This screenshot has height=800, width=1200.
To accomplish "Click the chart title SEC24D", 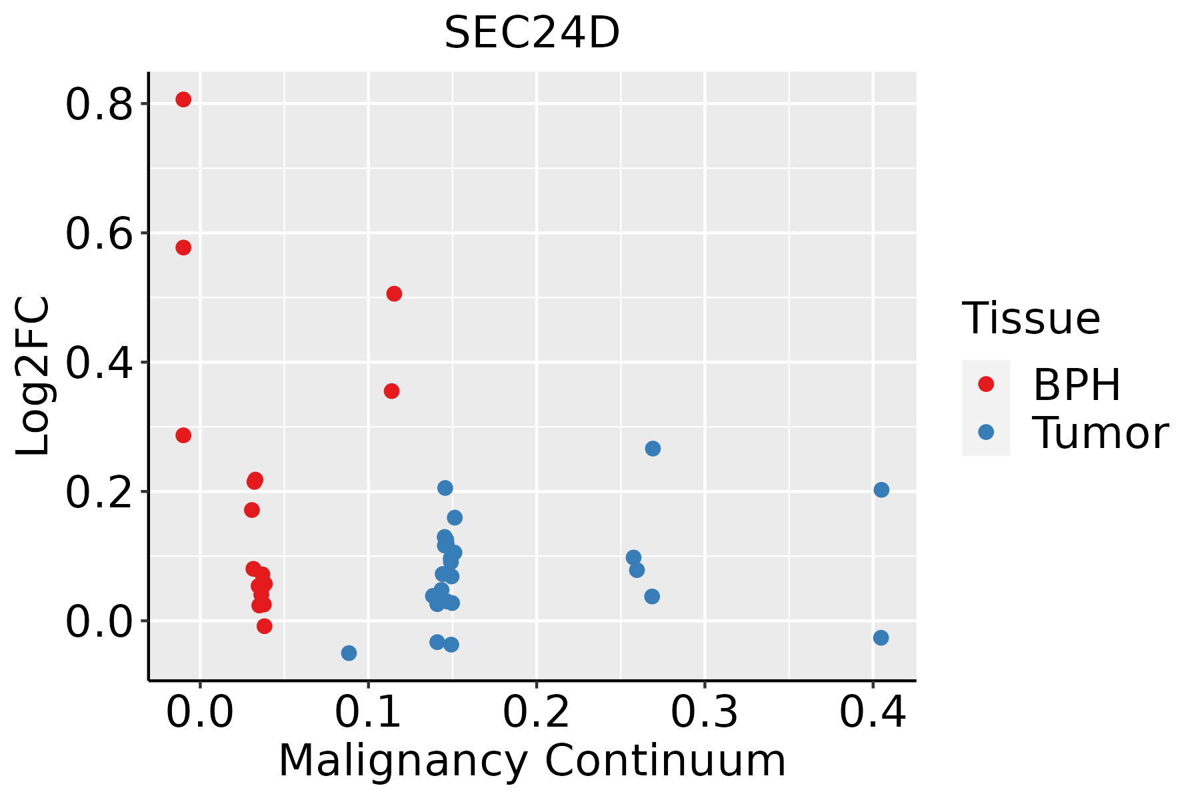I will (532, 33).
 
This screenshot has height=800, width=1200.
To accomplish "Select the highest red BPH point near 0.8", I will (183, 100).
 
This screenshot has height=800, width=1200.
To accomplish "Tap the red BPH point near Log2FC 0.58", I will (183, 248).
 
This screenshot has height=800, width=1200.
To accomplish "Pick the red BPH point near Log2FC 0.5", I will (394, 294).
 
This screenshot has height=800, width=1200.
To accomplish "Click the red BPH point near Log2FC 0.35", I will (392, 391).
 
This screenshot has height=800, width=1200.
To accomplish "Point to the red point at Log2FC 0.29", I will (183, 435).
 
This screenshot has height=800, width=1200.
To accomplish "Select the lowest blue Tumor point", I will (349, 653).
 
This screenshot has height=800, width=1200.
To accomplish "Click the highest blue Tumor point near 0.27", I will (653, 449).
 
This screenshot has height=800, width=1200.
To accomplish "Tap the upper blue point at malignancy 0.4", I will (881, 490).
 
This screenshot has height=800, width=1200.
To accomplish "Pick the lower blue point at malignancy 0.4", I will (881, 638).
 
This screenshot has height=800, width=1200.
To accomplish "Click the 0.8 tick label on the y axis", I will (99, 106).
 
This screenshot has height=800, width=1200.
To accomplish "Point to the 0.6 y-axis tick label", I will (99, 235).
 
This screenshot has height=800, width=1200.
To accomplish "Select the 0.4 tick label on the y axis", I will (99, 365).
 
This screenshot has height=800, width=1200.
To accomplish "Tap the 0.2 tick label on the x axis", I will (536, 712).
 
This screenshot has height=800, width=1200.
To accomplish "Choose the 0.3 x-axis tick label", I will (704, 712).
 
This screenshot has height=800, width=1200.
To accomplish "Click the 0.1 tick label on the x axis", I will (368, 712).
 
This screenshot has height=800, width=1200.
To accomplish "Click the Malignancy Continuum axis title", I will (532, 761).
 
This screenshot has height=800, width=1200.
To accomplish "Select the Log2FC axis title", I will (33, 376).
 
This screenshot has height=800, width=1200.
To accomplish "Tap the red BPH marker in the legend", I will (985, 384).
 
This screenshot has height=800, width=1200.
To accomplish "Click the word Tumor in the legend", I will (1100, 433).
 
